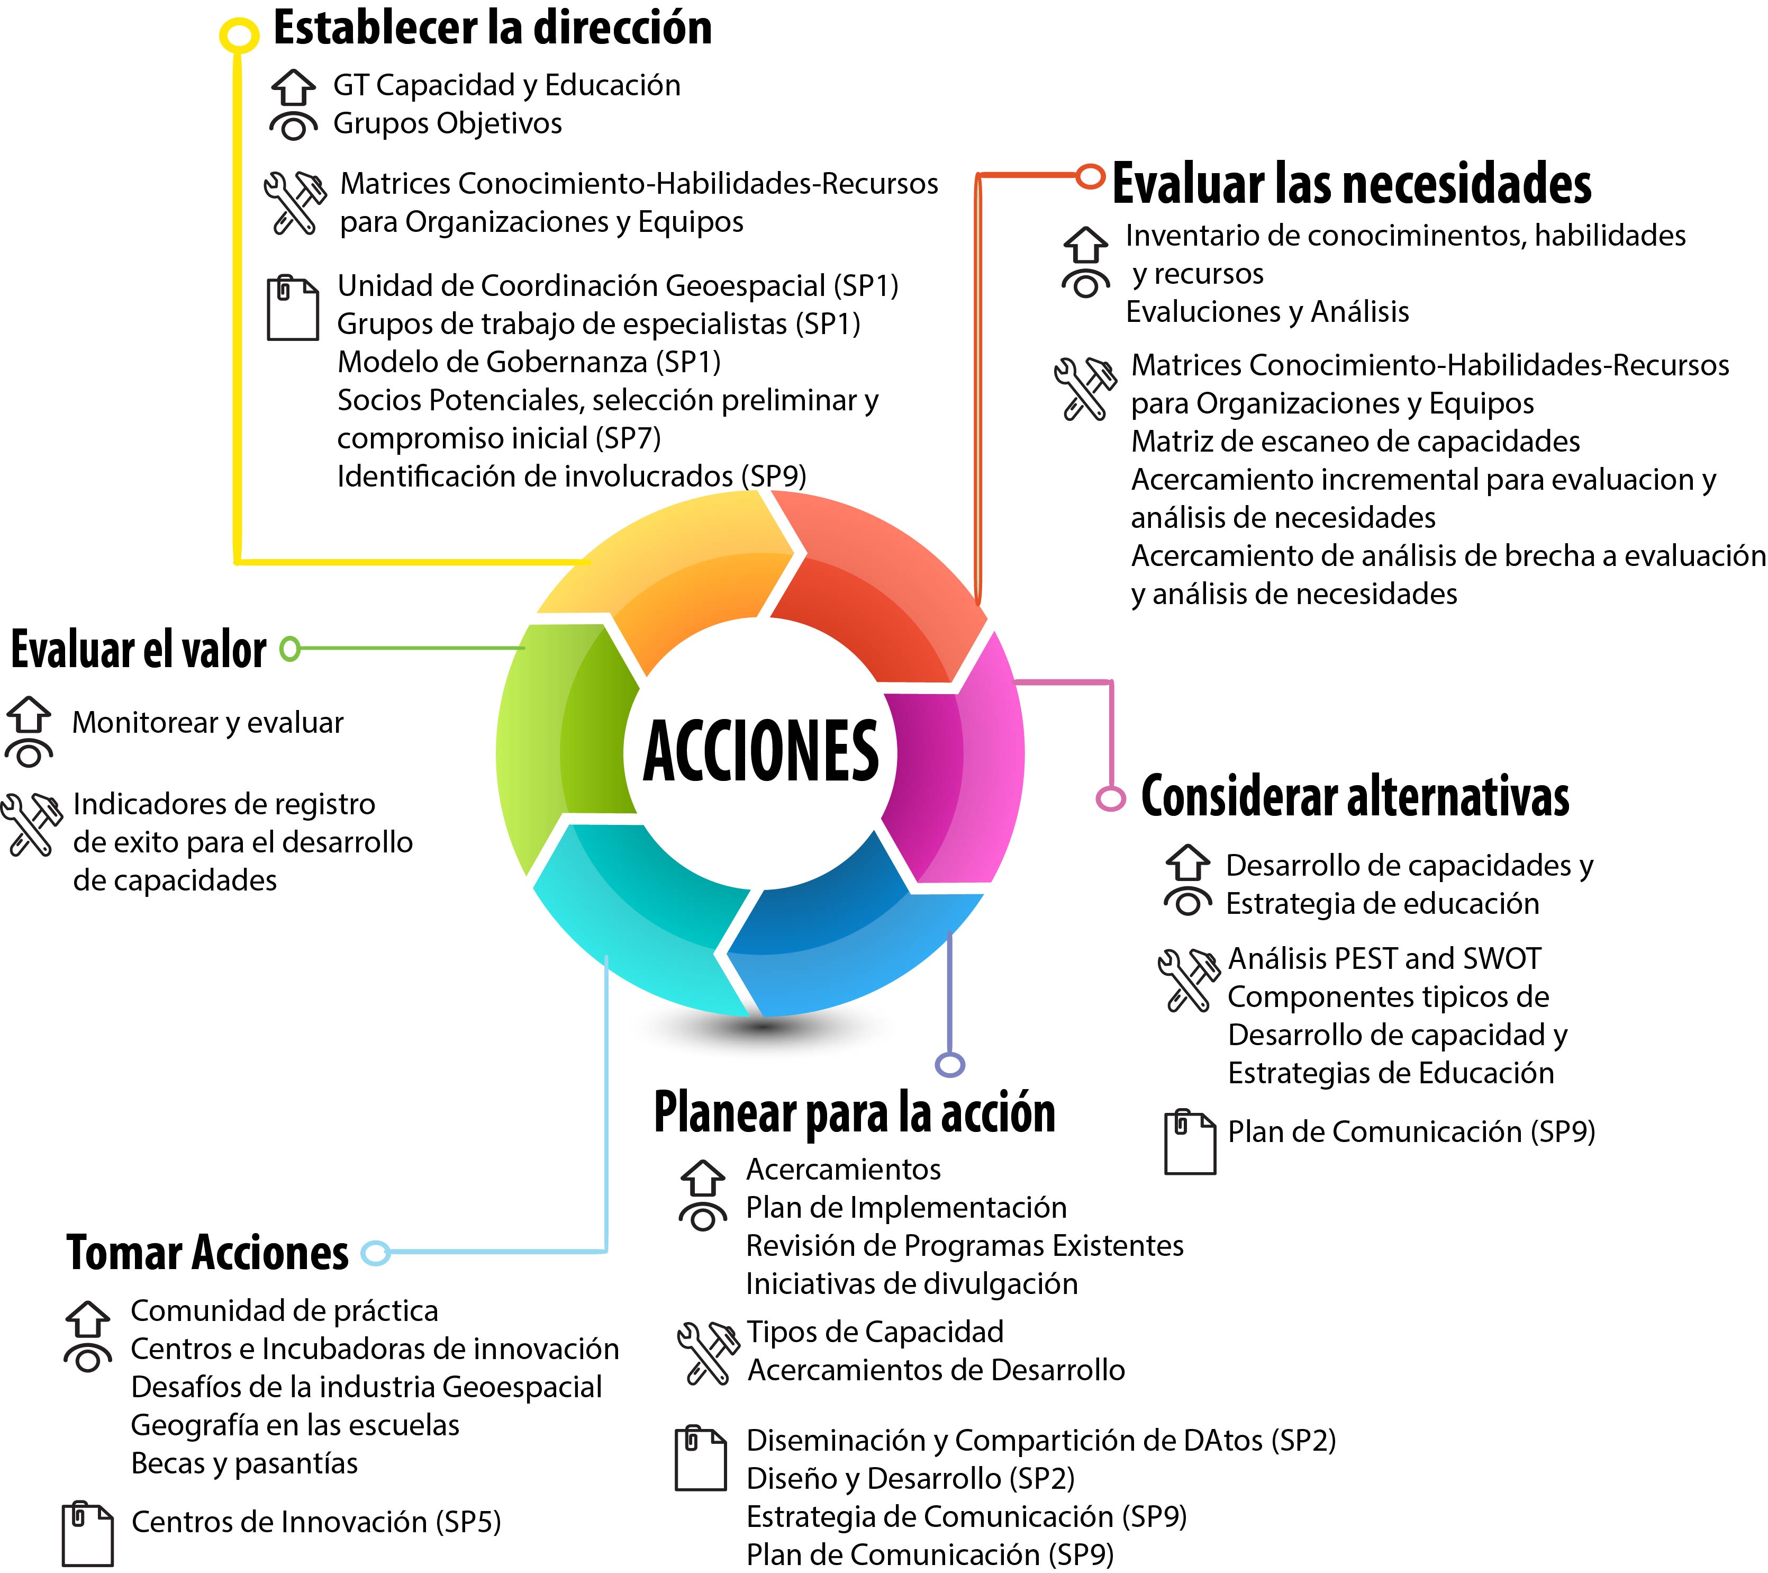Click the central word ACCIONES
(x=760, y=751)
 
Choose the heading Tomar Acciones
(x=207, y=1252)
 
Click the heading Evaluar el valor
(x=139, y=649)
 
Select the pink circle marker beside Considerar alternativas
(x=1111, y=798)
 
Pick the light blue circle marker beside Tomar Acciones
(x=375, y=1252)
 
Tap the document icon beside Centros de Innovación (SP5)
(x=87, y=1534)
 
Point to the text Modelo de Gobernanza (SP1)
(x=529, y=362)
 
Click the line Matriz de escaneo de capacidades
(x=1355, y=441)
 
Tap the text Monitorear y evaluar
(x=207, y=723)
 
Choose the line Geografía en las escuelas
(x=295, y=1425)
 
